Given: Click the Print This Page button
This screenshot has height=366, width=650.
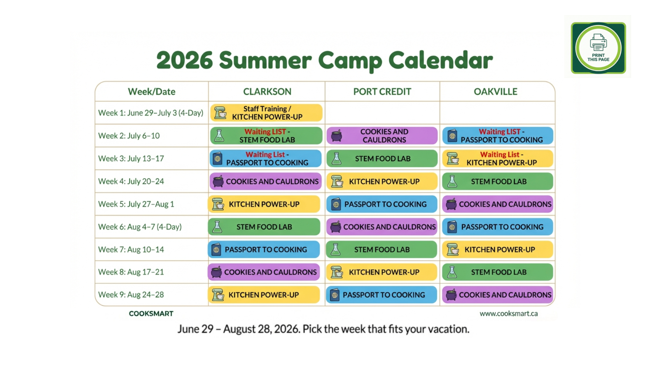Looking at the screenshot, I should (x=598, y=48).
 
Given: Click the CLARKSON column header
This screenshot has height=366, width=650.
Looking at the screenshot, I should (x=267, y=91).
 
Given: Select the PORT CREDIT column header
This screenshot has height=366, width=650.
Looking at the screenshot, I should (x=382, y=91).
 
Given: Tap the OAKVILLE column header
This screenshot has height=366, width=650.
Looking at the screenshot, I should (x=496, y=91).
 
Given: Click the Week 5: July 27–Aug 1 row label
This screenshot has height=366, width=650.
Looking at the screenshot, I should (x=136, y=204).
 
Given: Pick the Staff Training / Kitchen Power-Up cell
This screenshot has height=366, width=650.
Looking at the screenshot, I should (x=266, y=113).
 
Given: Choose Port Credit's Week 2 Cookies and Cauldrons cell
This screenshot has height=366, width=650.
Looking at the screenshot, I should (x=382, y=136).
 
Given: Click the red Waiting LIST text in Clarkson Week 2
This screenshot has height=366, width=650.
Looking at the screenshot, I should (x=265, y=131).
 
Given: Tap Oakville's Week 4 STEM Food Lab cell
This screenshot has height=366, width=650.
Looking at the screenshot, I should (x=498, y=181).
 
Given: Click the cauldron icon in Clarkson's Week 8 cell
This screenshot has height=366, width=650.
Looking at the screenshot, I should (x=216, y=272).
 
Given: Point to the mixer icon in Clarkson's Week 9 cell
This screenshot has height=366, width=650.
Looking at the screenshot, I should (x=218, y=295).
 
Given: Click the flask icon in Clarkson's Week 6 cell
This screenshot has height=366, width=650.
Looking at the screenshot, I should (x=217, y=227).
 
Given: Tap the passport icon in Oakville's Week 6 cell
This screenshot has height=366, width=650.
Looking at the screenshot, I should (x=452, y=227).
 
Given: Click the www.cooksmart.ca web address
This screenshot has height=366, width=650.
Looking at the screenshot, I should (x=508, y=313).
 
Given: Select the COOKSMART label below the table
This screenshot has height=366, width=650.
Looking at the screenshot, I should (x=151, y=313).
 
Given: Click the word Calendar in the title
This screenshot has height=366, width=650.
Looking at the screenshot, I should (x=440, y=60).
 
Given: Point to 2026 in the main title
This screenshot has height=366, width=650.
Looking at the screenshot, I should (x=185, y=60).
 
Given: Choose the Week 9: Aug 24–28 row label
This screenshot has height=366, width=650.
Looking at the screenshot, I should (x=131, y=294).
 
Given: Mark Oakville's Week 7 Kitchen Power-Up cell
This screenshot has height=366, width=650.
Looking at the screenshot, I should (x=498, y=249).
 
